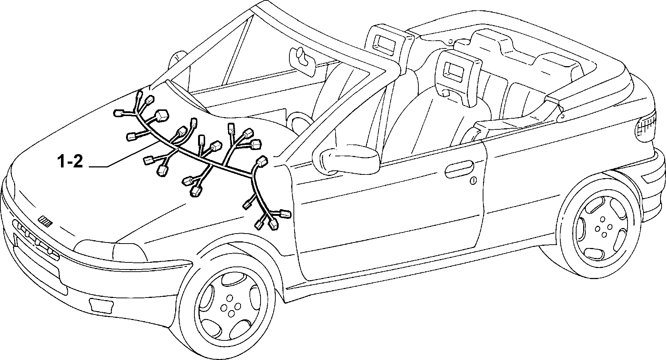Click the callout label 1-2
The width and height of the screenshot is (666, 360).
point(70,162)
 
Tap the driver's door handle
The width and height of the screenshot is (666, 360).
point(459,168)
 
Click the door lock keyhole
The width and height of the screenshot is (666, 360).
point(473,181)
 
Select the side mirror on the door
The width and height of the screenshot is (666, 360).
point(346,160)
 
